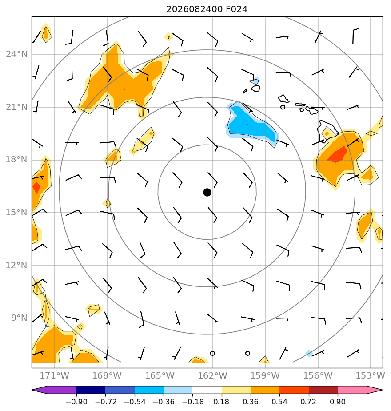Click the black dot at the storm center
[207, 193]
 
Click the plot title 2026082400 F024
[207, 9]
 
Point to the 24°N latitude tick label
[17, 54]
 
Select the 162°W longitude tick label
[212, 375]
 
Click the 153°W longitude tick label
[370, 375]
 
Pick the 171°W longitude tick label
[55, 375]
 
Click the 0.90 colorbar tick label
[338, 402]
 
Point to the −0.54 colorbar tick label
[134, 402]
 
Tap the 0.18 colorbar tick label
[222, 402]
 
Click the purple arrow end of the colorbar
[39, 390]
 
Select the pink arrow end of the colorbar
[375, 390]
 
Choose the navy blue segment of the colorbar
[91, 390]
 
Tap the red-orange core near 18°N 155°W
[337, 155]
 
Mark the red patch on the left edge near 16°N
[36, 188]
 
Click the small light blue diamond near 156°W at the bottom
[309, 353]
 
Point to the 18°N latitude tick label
[17, 160]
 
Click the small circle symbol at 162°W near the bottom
[212, 353]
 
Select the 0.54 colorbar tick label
[279, 402]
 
